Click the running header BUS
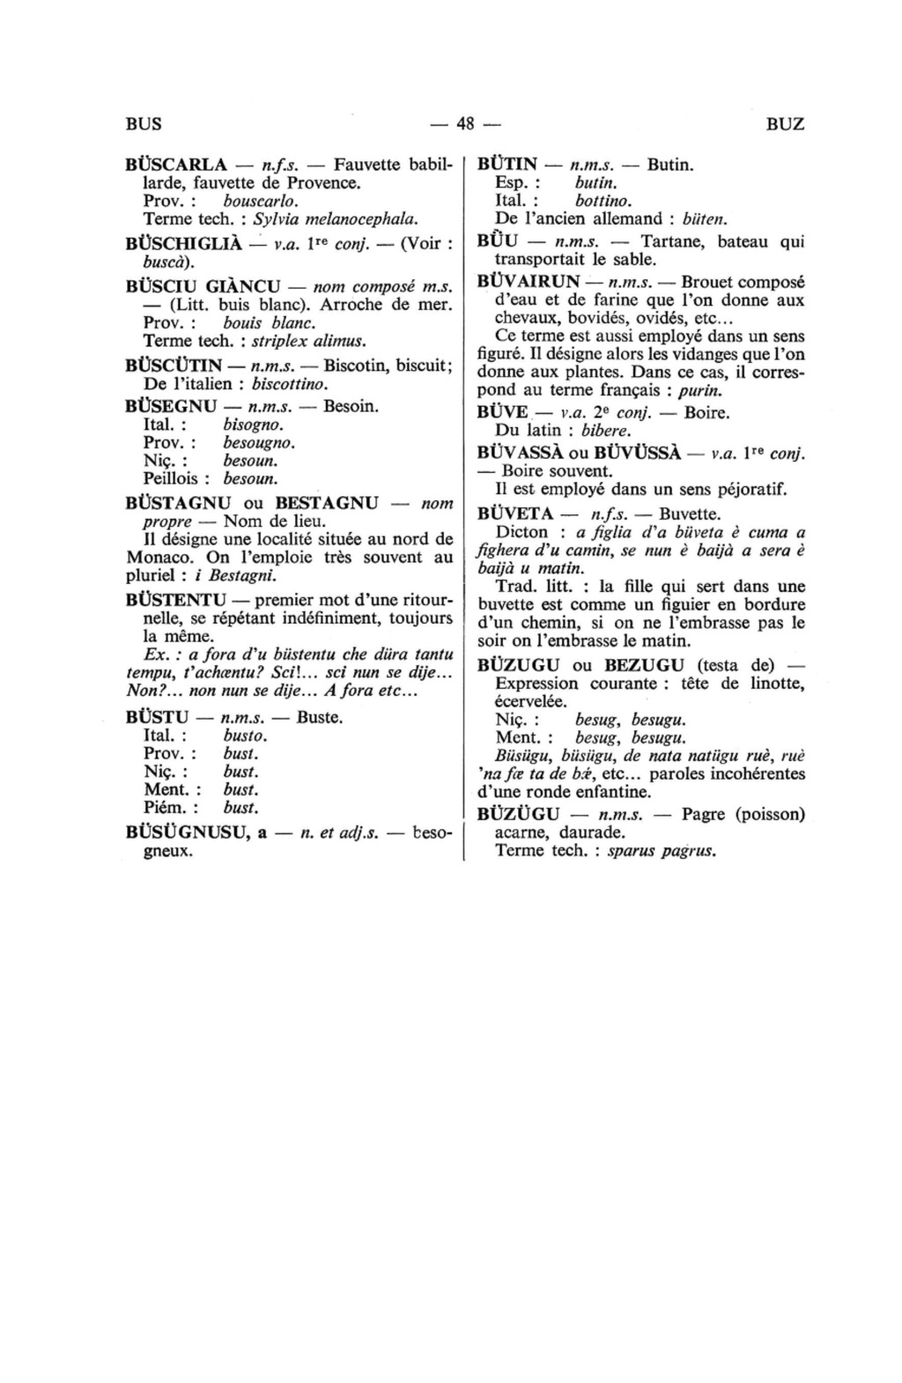(144, 123)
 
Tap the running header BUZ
(786, 123)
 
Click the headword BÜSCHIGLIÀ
(184, 244)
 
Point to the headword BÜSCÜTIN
(174, 366)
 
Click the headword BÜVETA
(515, 513)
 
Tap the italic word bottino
(603, 201)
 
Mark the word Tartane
(675, 241)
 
